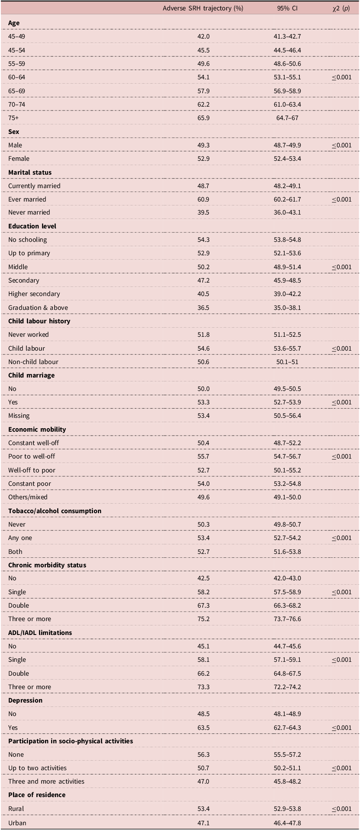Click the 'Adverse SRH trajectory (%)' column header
203,8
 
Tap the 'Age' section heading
14,23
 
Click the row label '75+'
13,118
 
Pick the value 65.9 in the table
204,118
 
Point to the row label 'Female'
19,159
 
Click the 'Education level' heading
32,226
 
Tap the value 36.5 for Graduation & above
204,308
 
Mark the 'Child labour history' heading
39,321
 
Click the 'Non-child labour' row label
33,362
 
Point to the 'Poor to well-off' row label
32,456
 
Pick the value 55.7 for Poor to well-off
204,456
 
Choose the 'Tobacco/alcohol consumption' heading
55,511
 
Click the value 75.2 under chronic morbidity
204,619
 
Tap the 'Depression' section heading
25,700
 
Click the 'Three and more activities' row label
46,781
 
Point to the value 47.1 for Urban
204,823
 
